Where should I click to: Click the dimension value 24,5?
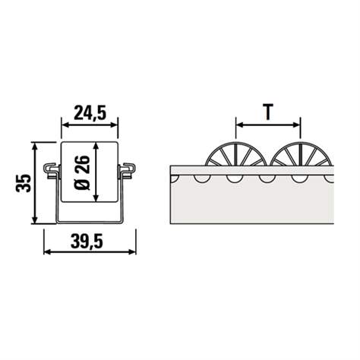pos(90,113)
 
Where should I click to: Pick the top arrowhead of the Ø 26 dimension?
pos(96,144)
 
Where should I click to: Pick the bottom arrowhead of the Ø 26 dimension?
pos(96,199)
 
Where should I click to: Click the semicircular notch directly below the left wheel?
pos(232,178)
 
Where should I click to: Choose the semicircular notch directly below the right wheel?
pos(298,178)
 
